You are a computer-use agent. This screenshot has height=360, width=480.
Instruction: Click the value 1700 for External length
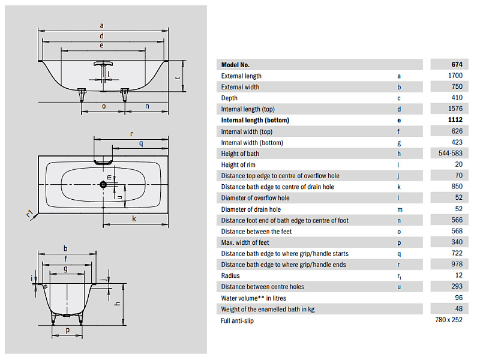pyautogui.click(x=455, y=76)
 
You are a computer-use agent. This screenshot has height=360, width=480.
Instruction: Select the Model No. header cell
pyautogui.click(x=235, y=65)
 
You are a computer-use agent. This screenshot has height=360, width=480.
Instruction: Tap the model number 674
pyautogui.click(x=457, y=64)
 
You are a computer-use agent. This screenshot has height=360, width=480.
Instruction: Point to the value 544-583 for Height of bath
pyautogui.click(x=451, y=153)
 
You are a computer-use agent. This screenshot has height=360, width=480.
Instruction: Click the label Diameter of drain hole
pyautogui.click(x=251, y=209)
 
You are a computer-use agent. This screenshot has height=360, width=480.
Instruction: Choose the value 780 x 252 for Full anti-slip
pyautogui.click(x=449, y=320)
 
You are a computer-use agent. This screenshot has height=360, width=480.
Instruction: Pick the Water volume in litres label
pyautogui.click(x=253, y=298)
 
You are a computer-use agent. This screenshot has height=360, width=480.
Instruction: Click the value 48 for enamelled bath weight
pyautogui.click(x=458, y=309)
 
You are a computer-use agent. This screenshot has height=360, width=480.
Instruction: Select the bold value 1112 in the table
pyautogui.click(x=455, y=119)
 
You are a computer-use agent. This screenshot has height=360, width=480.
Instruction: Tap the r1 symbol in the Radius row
pyautogui.click(x=399, y=276)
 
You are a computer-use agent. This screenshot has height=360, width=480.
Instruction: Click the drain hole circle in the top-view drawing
pyautogui.click(x=103, y=184)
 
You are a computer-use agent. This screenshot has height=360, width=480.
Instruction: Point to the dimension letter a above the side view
pyautogui.click(x=101, y=26)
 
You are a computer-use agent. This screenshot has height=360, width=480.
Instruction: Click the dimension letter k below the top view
pyautogui.click(x=134, y=218)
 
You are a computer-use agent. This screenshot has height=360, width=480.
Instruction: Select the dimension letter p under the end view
pyautogui.click(x=67, y=330)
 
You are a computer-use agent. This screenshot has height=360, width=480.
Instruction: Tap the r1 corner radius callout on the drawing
pyautogui.click(x=30, y=214)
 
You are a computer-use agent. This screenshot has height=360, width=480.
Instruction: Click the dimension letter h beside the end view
pyautogui.click(x=117, y=304)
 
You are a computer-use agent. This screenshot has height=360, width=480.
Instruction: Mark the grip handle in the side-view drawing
pyautogui.click(x=103, y=64)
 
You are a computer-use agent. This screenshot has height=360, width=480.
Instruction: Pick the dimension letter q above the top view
pyautogui.click(x=141, y=143)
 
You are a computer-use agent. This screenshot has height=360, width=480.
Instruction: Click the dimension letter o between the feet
pyautogui.click(x=104, y=106)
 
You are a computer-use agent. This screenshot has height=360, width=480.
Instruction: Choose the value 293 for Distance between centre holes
pyautogui.click(x=457, y=286)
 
